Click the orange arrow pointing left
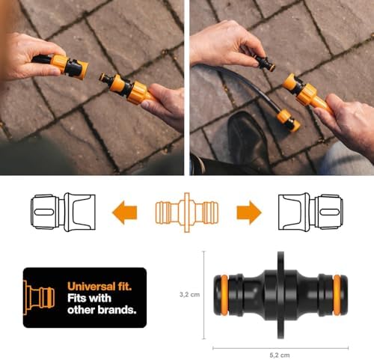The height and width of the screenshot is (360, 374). [x=124, y=213]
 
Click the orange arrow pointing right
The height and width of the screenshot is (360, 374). [x=249, y=213]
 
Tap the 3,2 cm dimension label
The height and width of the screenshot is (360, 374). [x=189, y=295]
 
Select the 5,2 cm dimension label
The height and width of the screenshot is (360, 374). [x=280, y=355]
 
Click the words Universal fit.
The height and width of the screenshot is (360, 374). [x=99, y=287]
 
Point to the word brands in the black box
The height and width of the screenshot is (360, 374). [x=117, y=310]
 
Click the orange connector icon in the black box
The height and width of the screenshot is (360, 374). [x=39, y=297]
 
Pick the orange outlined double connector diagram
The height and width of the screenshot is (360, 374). [x=187, y=213]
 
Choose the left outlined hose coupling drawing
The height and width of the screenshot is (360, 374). [x=63, y=212]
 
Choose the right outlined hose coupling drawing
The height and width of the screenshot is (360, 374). [x=310, y=212]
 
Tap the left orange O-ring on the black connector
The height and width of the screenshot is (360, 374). [x=224, y=295]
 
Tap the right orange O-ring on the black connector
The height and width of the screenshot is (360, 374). [x=337, y=295]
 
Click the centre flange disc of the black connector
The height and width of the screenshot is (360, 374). [x=280, y=295]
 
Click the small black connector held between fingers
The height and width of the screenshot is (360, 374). [x=265, y=64]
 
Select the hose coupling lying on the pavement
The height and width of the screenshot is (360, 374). [x=289, y=120]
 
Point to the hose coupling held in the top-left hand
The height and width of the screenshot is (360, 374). [x=61, y=66]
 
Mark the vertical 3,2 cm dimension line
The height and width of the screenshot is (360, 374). [x=204, y=295]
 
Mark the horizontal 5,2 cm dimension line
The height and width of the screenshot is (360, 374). [x=280, y=347]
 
